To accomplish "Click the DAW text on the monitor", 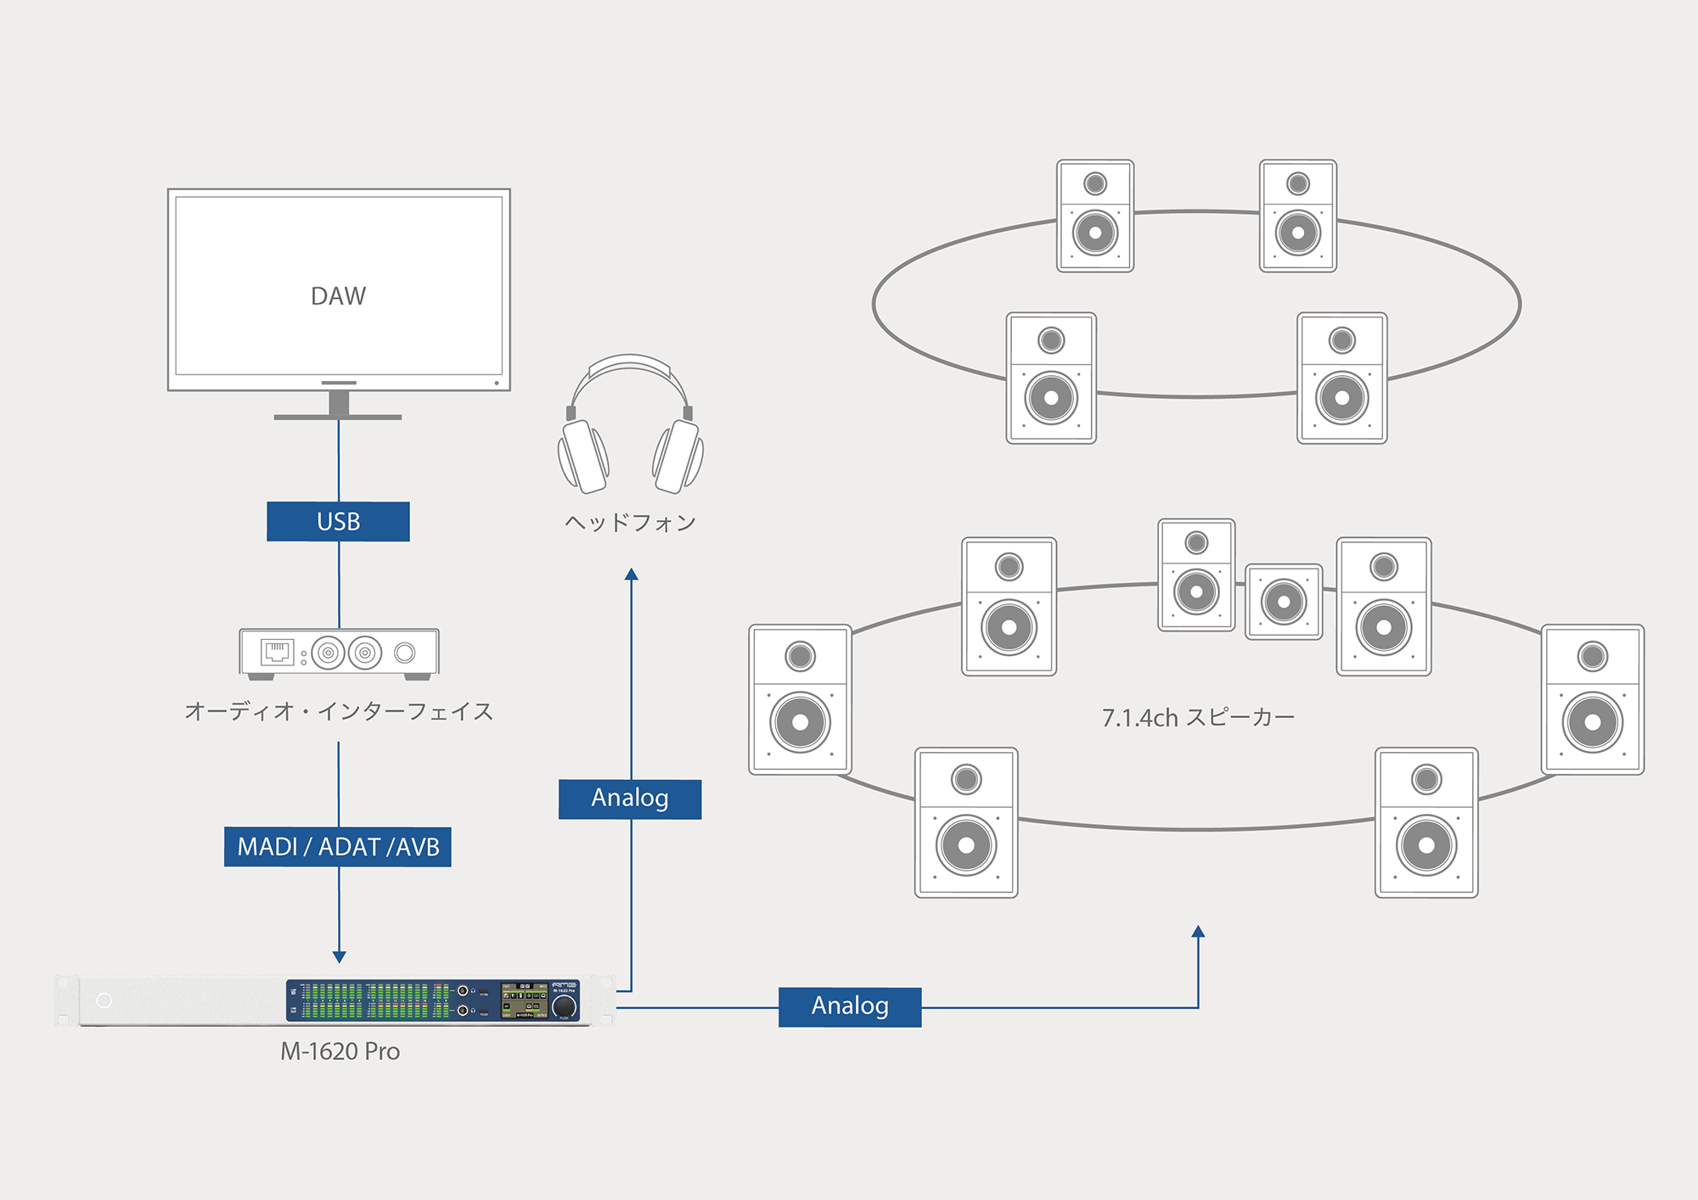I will tap(338, 296).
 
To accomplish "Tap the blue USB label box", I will tap(338, 521).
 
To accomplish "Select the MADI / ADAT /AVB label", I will tap(338, 847).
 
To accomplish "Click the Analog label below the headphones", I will tap(630, 799).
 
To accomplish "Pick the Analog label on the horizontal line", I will tap(850, 1007).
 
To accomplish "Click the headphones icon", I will tap(630, 424).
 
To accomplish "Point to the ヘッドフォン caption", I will tap(630, 523).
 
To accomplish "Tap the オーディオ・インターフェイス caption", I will tap(338, 711).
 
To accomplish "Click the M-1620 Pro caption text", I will tap(340, 1051).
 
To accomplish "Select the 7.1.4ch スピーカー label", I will tap(1198, 718).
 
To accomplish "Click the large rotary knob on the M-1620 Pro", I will tap(565, 1007).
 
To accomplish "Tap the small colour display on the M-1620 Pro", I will tap(525, 1001).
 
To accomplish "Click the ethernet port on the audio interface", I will tap(277, 652).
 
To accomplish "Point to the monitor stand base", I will tap(338, 417).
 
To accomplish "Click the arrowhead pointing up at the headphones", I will tap(631, 575).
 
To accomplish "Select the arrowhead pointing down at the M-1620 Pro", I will tap(339, 957).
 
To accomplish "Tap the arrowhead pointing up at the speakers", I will tap(1198, 932).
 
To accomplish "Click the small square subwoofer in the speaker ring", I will tap(1284, 602).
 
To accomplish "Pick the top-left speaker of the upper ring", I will tap(1095, 216).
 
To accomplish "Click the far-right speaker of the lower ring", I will tap(1593, 700).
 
